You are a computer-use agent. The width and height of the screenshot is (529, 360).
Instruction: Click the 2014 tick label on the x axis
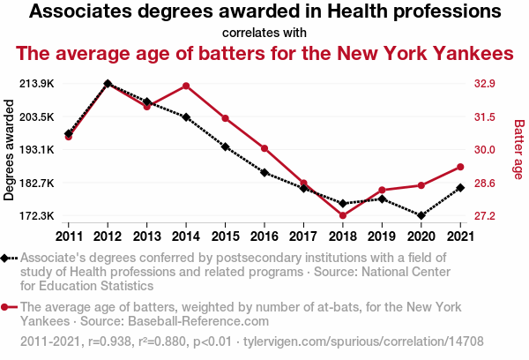coord(186,236)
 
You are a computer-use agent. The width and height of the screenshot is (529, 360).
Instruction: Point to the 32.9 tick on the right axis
coord(487,84)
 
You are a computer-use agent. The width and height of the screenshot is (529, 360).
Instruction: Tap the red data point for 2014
coord(186,86)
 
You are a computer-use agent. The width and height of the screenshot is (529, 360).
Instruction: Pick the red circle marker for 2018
coord(342,215)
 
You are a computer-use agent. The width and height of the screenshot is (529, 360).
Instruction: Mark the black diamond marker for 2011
coord(69,133)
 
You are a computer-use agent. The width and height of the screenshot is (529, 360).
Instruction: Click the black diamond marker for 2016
coord(264,172)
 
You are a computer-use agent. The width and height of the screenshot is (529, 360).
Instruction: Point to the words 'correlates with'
coord(264,33)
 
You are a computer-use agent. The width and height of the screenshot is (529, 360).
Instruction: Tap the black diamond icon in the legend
coord(7,258)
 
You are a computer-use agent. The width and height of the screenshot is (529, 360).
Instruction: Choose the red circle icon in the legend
coord(7,307)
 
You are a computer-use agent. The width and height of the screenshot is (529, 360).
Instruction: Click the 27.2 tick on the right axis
coord(487,216)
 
